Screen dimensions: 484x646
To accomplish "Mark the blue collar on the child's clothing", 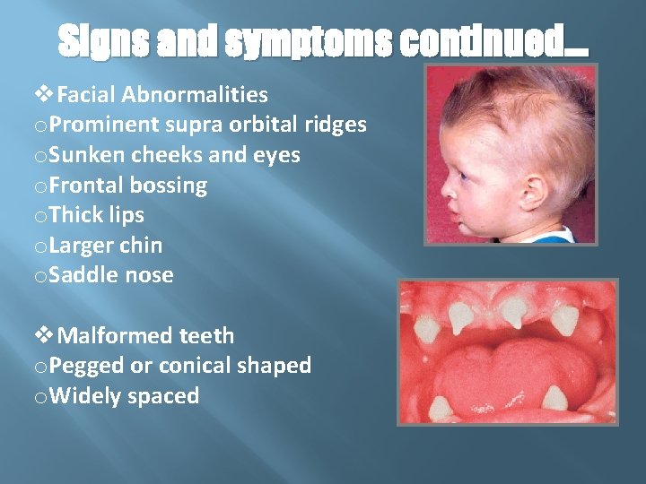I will [552, 235].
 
